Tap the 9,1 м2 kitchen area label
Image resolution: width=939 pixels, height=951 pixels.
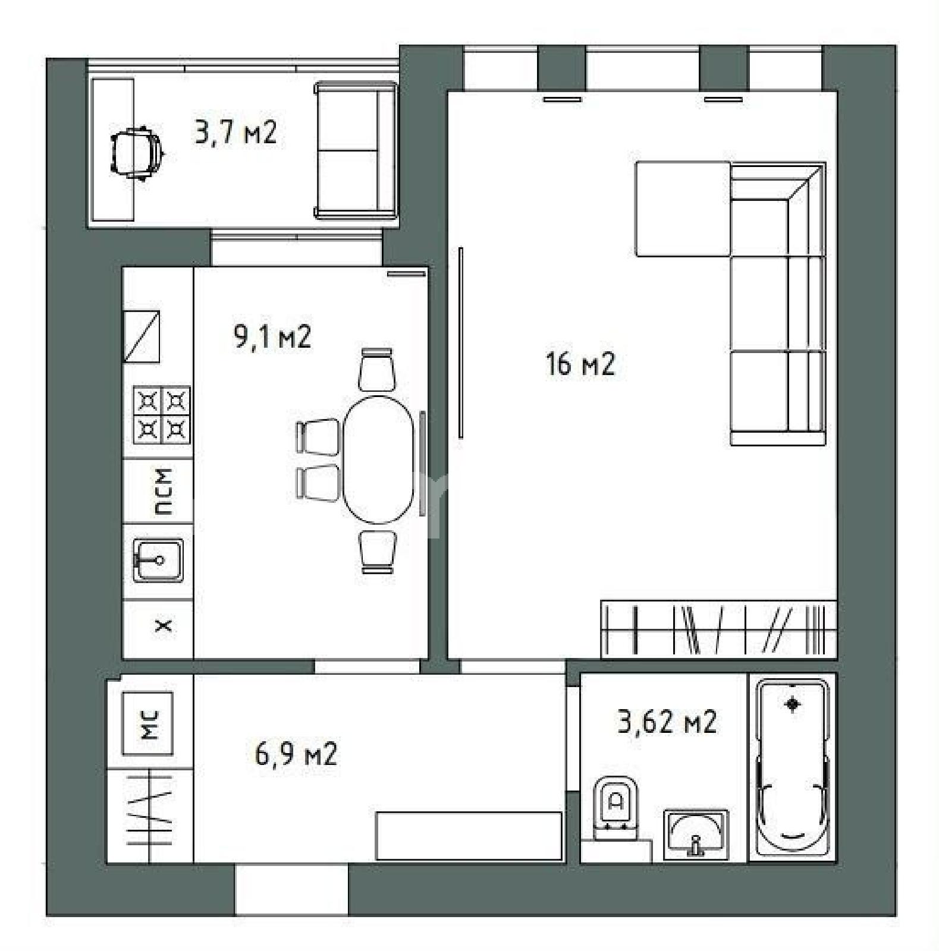pos(273,337)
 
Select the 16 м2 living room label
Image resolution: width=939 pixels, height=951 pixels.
pos(580,364)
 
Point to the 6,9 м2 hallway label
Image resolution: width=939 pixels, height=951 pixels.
pos(296,754)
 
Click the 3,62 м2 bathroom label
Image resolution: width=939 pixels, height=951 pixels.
pos(667,722)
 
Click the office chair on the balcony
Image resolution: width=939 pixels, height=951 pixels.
pos(136,152)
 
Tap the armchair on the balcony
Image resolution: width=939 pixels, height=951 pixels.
pos(355,150)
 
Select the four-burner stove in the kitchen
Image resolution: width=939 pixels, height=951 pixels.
pos(161,415)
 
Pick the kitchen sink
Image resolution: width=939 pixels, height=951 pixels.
pos(158,560)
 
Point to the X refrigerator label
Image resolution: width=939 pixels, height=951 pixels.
pos(163,625)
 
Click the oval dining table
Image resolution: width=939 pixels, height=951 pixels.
pos(378,459)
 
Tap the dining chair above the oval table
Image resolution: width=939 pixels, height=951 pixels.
pos(377,369)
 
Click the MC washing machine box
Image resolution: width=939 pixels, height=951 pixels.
pos(147,723)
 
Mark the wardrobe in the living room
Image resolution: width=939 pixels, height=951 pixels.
pos(718,629)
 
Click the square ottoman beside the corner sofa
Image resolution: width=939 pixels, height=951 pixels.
pos(683,209)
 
